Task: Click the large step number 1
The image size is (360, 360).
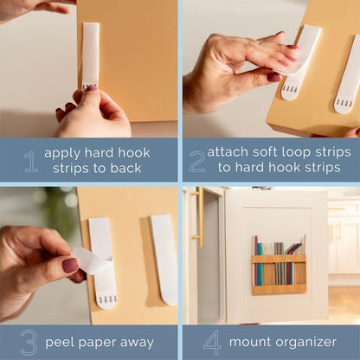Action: (31, 162)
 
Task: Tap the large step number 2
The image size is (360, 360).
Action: (197, 162)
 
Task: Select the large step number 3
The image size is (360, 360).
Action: (29, 343)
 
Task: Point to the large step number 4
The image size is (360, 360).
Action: (212, 343)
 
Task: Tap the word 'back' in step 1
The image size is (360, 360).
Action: (125, 168)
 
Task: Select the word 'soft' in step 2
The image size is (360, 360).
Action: (263, 151)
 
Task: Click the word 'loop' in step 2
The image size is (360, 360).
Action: (296, 152)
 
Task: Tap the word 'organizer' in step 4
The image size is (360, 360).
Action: (305, 343)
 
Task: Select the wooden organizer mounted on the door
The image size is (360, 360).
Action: (279, 274)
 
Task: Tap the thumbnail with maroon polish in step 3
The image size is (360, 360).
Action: (71, 265)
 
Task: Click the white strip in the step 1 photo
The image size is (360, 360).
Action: (90, 56)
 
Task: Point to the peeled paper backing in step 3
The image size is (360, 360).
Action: (90, 260)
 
